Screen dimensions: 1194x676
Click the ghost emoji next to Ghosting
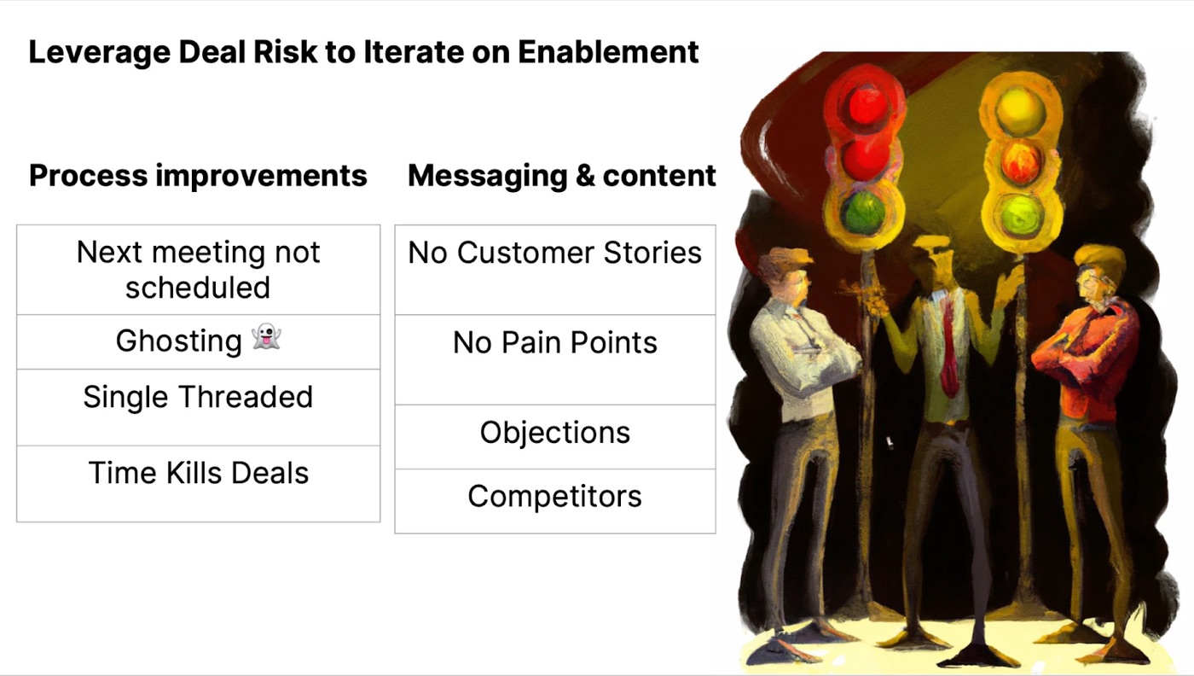click(x=266, y=336)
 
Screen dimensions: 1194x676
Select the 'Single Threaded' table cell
click(x=198, y=407)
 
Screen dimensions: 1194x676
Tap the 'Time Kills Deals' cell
click(x=198, y=483)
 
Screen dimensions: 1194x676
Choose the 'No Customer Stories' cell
click(x=555, y=270)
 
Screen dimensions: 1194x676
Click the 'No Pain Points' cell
click(x=555, y=359)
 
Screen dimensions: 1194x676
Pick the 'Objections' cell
click(x=555, y=437)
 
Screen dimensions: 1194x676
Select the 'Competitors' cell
click(x=555, y=501)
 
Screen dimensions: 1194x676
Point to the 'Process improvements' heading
click(x=198, y=176)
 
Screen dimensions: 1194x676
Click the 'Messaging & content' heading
click(x=562, y=176)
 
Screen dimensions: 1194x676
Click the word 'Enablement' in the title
click(x=608, y=52)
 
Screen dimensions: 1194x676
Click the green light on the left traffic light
click(x=863, y=213)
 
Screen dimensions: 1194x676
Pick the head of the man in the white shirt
click(x=785, y=276)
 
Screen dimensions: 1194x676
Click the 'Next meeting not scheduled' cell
click(x=198, y=270)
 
